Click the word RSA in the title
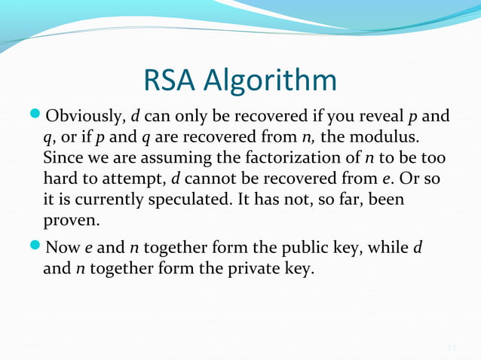pyautogui.click(x=175, y=81)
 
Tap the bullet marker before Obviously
pyautogui.click(x=37, y=117)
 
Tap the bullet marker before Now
pyautogui.click(x=37, y=247)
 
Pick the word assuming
pyautogui.click(x=159, y=160)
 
